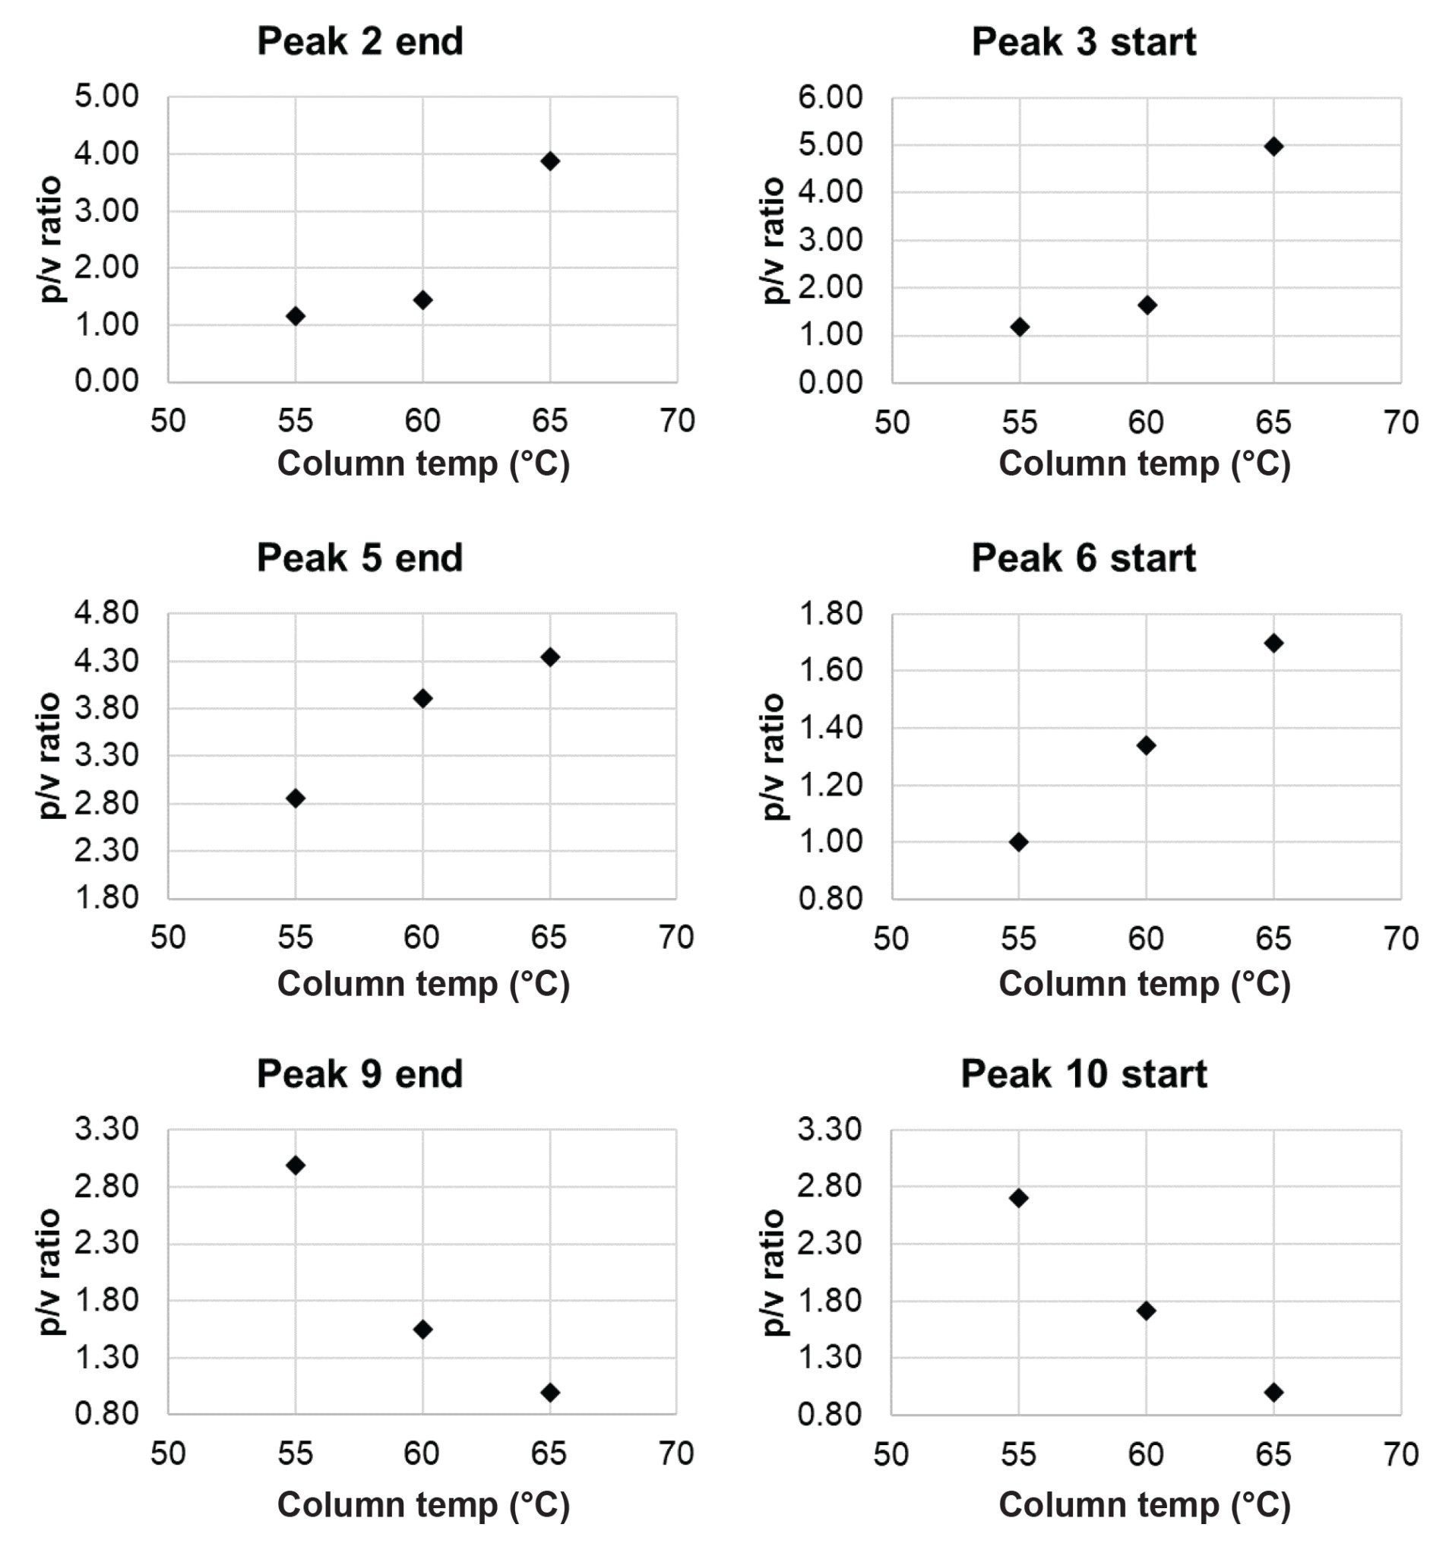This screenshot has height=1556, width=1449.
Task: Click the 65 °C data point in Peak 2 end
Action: click(549, 161)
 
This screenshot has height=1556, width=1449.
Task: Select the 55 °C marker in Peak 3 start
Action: click(1019, 327)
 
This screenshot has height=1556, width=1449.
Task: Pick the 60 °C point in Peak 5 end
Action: click(422, 698)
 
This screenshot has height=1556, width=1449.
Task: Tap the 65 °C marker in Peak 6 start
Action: click(1273, 644)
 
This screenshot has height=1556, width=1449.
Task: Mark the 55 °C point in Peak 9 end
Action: click(295, 1165)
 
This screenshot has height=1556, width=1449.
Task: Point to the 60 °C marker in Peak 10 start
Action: click(1146, 1311)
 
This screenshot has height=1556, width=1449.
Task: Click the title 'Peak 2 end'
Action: click(360, 42)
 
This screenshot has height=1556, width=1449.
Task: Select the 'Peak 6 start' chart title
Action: click(1084, 558)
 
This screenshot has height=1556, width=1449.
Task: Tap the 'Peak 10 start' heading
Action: click(1084, 1074)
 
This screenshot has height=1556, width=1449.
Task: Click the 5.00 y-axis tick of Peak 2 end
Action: click(106, 97)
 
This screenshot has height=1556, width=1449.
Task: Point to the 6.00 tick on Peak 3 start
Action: click(830, 98)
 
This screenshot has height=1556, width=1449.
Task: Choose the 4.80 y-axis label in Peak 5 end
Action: click(106, 613)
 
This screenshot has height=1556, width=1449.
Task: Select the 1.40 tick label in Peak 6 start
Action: click(830, 728)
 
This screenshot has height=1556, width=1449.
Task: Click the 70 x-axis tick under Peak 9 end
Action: click(676, 1454)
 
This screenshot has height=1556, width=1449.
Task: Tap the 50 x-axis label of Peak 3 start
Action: click(891, 422)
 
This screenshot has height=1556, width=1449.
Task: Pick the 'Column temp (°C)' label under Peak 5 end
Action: click(422, 985)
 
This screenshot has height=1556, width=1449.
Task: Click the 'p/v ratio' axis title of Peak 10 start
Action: click(773, 1272)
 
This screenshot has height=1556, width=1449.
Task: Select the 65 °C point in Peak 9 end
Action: click(549, 1393)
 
